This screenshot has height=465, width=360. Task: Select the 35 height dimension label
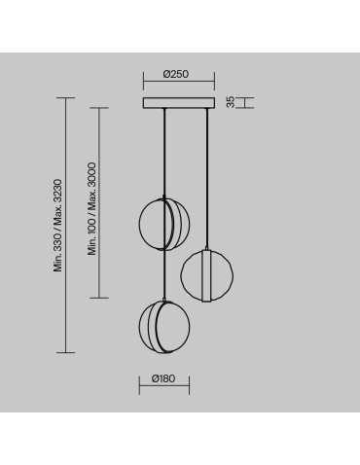coord(230,102)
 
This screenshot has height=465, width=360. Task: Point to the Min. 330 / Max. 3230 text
coord(58,225)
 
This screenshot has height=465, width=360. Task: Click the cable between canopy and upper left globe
coord(164,151)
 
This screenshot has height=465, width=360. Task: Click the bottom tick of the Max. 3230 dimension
coord(68,351)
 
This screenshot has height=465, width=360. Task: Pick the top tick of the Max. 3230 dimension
coord(68,97)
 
